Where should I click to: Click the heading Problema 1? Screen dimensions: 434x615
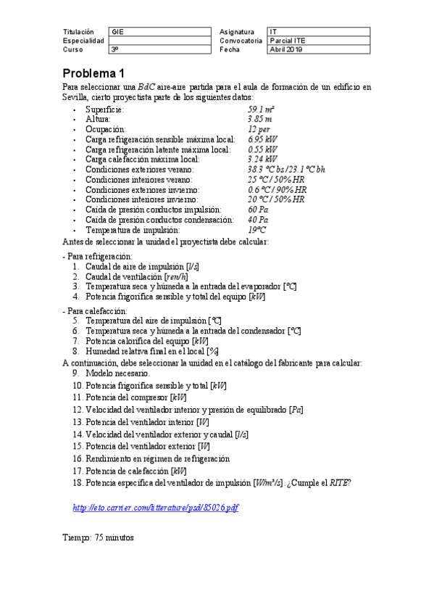pos(93,73)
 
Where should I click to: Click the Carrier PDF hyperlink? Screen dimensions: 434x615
pos(156,508)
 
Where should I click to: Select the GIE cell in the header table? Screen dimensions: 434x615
pos(117,32)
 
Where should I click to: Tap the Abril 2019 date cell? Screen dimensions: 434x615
pos(285,49)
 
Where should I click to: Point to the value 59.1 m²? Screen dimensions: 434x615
pos(261,109)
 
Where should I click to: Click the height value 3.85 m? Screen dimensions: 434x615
pos(259,119)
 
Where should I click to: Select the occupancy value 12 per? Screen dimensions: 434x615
pos(259,129)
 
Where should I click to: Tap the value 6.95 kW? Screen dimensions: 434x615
pos(262,139)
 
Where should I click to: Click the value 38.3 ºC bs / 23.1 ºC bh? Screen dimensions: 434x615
pos(286,169)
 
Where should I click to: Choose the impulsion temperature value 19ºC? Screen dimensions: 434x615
pos(257,229)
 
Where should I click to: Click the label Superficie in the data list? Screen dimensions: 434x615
pos(104,109)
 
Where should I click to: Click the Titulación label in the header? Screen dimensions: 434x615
pos(78,32)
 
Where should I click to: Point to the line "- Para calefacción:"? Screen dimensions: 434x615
pos(96,310)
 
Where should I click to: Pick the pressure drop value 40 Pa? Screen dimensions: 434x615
pos(258,219)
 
